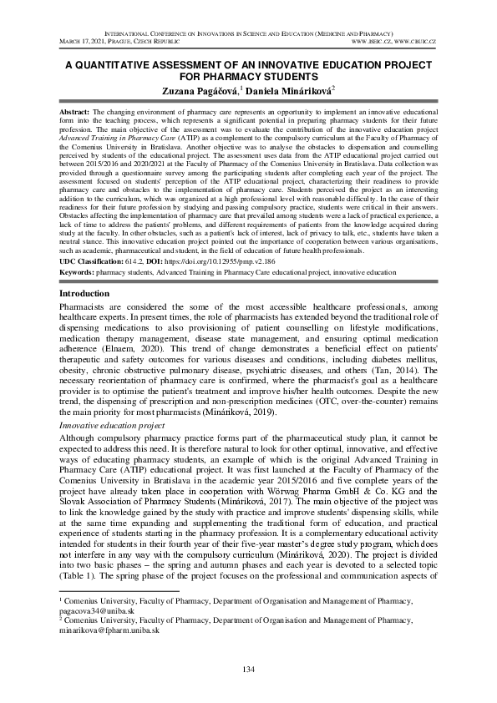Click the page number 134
248,671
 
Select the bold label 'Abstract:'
76,111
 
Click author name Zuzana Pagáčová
200,89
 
